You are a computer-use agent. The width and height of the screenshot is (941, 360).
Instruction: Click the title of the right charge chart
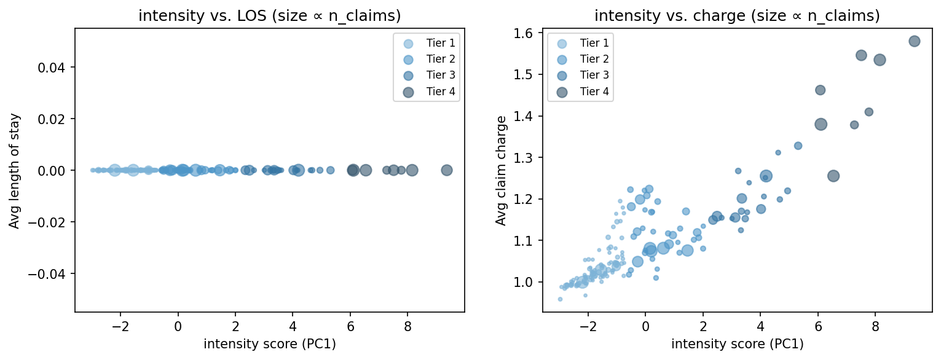coord(737,17)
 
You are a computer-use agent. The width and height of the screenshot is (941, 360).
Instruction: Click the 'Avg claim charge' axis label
coord(502,170)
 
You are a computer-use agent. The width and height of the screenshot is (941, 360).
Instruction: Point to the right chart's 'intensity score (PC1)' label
coord(737,345)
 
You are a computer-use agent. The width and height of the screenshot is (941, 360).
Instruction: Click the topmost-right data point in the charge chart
coord(914,41)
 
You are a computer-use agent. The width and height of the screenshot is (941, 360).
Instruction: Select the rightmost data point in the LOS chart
coord(447,170)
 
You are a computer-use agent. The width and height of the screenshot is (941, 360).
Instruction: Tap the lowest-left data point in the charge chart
coord(560,299)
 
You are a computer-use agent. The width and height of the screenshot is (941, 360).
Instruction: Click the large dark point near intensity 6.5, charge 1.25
coord(833,176)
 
